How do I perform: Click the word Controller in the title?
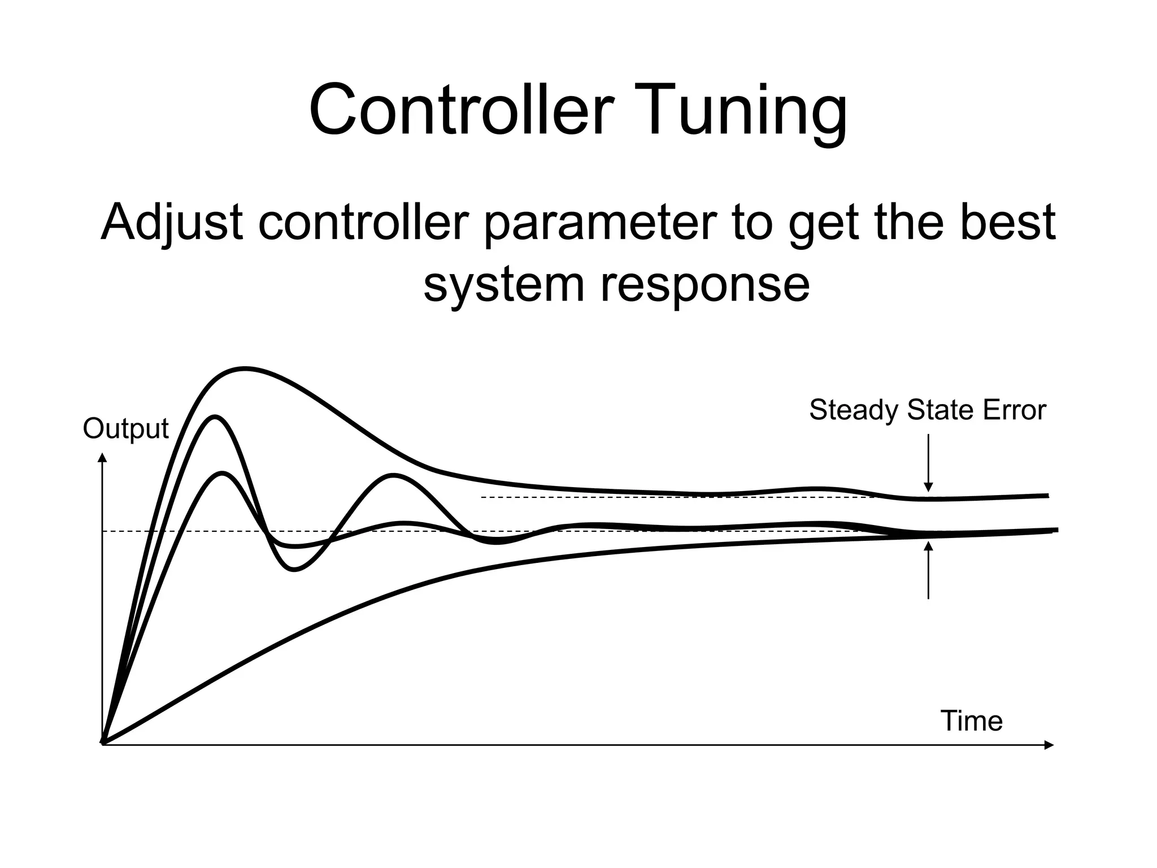point(461,110)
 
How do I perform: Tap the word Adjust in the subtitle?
point(172,222)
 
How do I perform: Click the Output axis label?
point(125,429)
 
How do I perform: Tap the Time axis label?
point(971,721)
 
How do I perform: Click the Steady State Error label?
point(927,410)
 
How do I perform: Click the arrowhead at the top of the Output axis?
point(102,457)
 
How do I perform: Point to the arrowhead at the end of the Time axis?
point(1049,745)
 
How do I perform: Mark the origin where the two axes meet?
point(103,744)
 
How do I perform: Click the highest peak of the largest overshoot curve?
point(244,370)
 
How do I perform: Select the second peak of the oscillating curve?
point(392,475)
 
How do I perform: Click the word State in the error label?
point(942,410)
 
